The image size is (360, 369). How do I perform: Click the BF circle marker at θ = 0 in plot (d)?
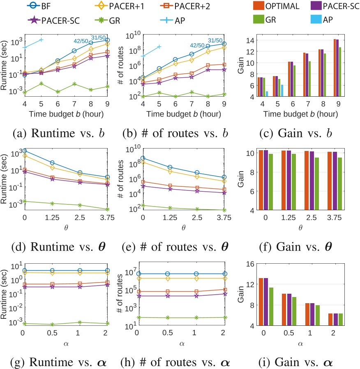tap(25, 151)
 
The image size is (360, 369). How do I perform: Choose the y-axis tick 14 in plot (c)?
tap(250, 40)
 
